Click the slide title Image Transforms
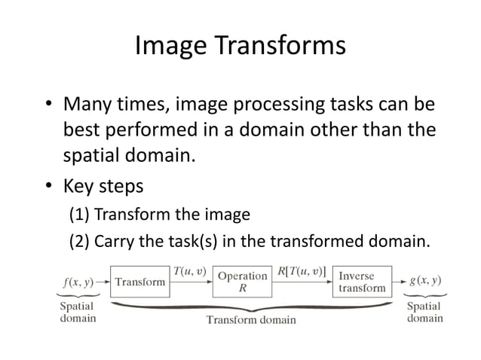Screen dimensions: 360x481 [240, 46]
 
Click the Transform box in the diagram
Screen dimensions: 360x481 [140, 282]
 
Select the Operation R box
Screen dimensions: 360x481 [243, 282]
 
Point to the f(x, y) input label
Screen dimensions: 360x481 [77, 282]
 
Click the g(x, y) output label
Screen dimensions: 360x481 [424, 281]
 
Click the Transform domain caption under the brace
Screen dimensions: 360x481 [251, 320]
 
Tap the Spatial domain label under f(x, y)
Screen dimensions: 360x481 [78, 313]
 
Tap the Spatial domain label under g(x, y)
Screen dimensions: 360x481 [425, 313]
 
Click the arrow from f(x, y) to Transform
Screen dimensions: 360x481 [103, 282]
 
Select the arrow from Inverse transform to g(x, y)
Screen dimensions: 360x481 [400, 282]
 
